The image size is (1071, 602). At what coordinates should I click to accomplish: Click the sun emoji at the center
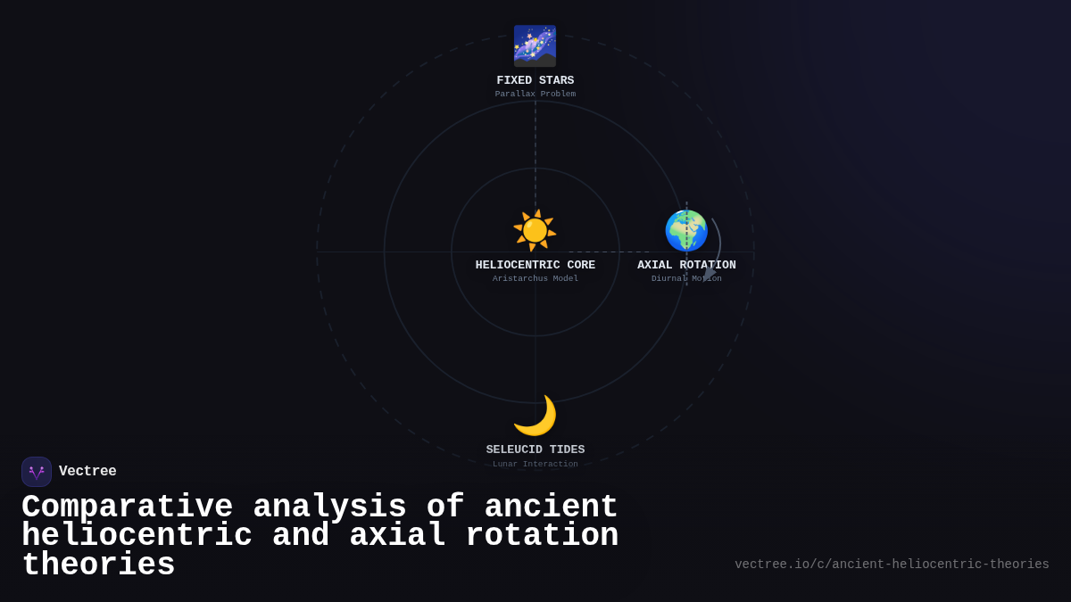(x=535, y=230)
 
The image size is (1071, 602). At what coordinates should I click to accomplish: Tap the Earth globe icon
(x=685, y=231)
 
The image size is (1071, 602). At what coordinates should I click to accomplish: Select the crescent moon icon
(x=535, y=416)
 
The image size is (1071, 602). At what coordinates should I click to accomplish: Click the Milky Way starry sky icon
(x=535, y=45)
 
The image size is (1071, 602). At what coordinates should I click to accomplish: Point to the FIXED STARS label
(x=535, y=81)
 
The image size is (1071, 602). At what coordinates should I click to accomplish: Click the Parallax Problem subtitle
(x=535, y=95)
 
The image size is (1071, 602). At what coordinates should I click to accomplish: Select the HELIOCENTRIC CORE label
(x=535, y=266)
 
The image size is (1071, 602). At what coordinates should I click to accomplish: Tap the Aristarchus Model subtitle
(x=535, y=279)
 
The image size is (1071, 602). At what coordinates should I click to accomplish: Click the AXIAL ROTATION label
(x=686, y=266)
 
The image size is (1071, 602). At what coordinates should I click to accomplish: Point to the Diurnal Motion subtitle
(x=686, y=279)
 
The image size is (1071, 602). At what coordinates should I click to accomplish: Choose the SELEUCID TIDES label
(x=535, y=450)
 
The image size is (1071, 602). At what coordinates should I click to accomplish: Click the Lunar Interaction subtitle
(x=535, y=464)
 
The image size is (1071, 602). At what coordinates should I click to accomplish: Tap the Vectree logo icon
(x=37, y=472)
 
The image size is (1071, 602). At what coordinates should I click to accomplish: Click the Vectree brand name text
(x=87, y=472)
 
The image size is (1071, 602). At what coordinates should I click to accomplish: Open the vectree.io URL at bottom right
(x=892, y=565)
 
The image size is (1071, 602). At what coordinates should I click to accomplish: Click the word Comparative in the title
(x=127, y=507)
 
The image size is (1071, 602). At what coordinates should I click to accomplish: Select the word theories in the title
(x=98, y=565)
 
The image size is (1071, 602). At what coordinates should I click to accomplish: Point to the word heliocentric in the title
(x=137, y=536)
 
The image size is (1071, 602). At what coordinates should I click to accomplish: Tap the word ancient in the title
(x=551, y=507)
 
